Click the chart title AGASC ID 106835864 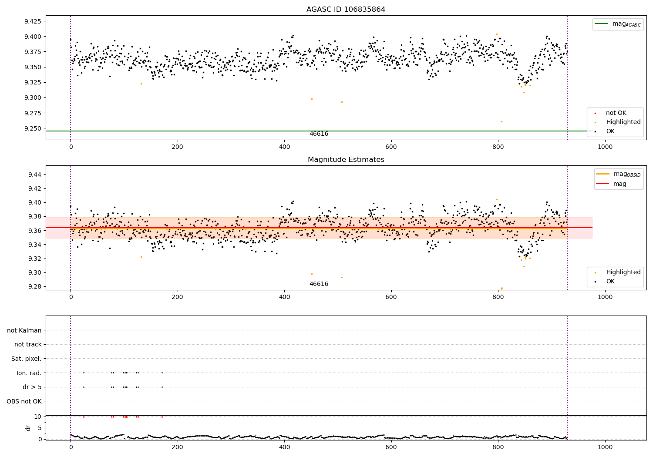(346, 10)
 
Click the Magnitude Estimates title (346, 160)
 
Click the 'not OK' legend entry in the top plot (616, 113)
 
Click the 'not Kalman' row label (24, 330)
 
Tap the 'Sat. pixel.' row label (26, 359)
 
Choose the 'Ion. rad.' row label (29, 373)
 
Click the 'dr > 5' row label (32, 387)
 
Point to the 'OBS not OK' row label (24, 401)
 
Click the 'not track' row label (28, 344)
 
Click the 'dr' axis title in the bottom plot (28, 428)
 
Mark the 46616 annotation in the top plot (319, 134)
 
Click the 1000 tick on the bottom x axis (605, 447)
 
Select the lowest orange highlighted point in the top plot (502, 121)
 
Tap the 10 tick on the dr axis (37, 417)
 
